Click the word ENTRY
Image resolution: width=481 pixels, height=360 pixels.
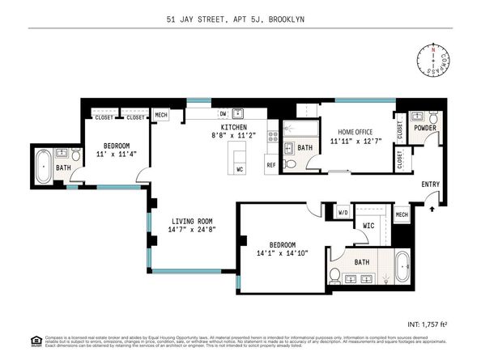coord(431,184)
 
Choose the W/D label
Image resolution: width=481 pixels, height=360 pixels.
coord(342,214)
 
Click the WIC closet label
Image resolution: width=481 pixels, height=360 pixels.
coord(367,226)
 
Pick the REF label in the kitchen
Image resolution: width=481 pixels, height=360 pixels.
coord(270,165)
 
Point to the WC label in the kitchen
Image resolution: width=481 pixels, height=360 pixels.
coord(240,168)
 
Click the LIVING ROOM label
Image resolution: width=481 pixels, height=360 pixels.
coord(191,221)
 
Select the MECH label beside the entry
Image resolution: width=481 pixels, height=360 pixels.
coord(402,214)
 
